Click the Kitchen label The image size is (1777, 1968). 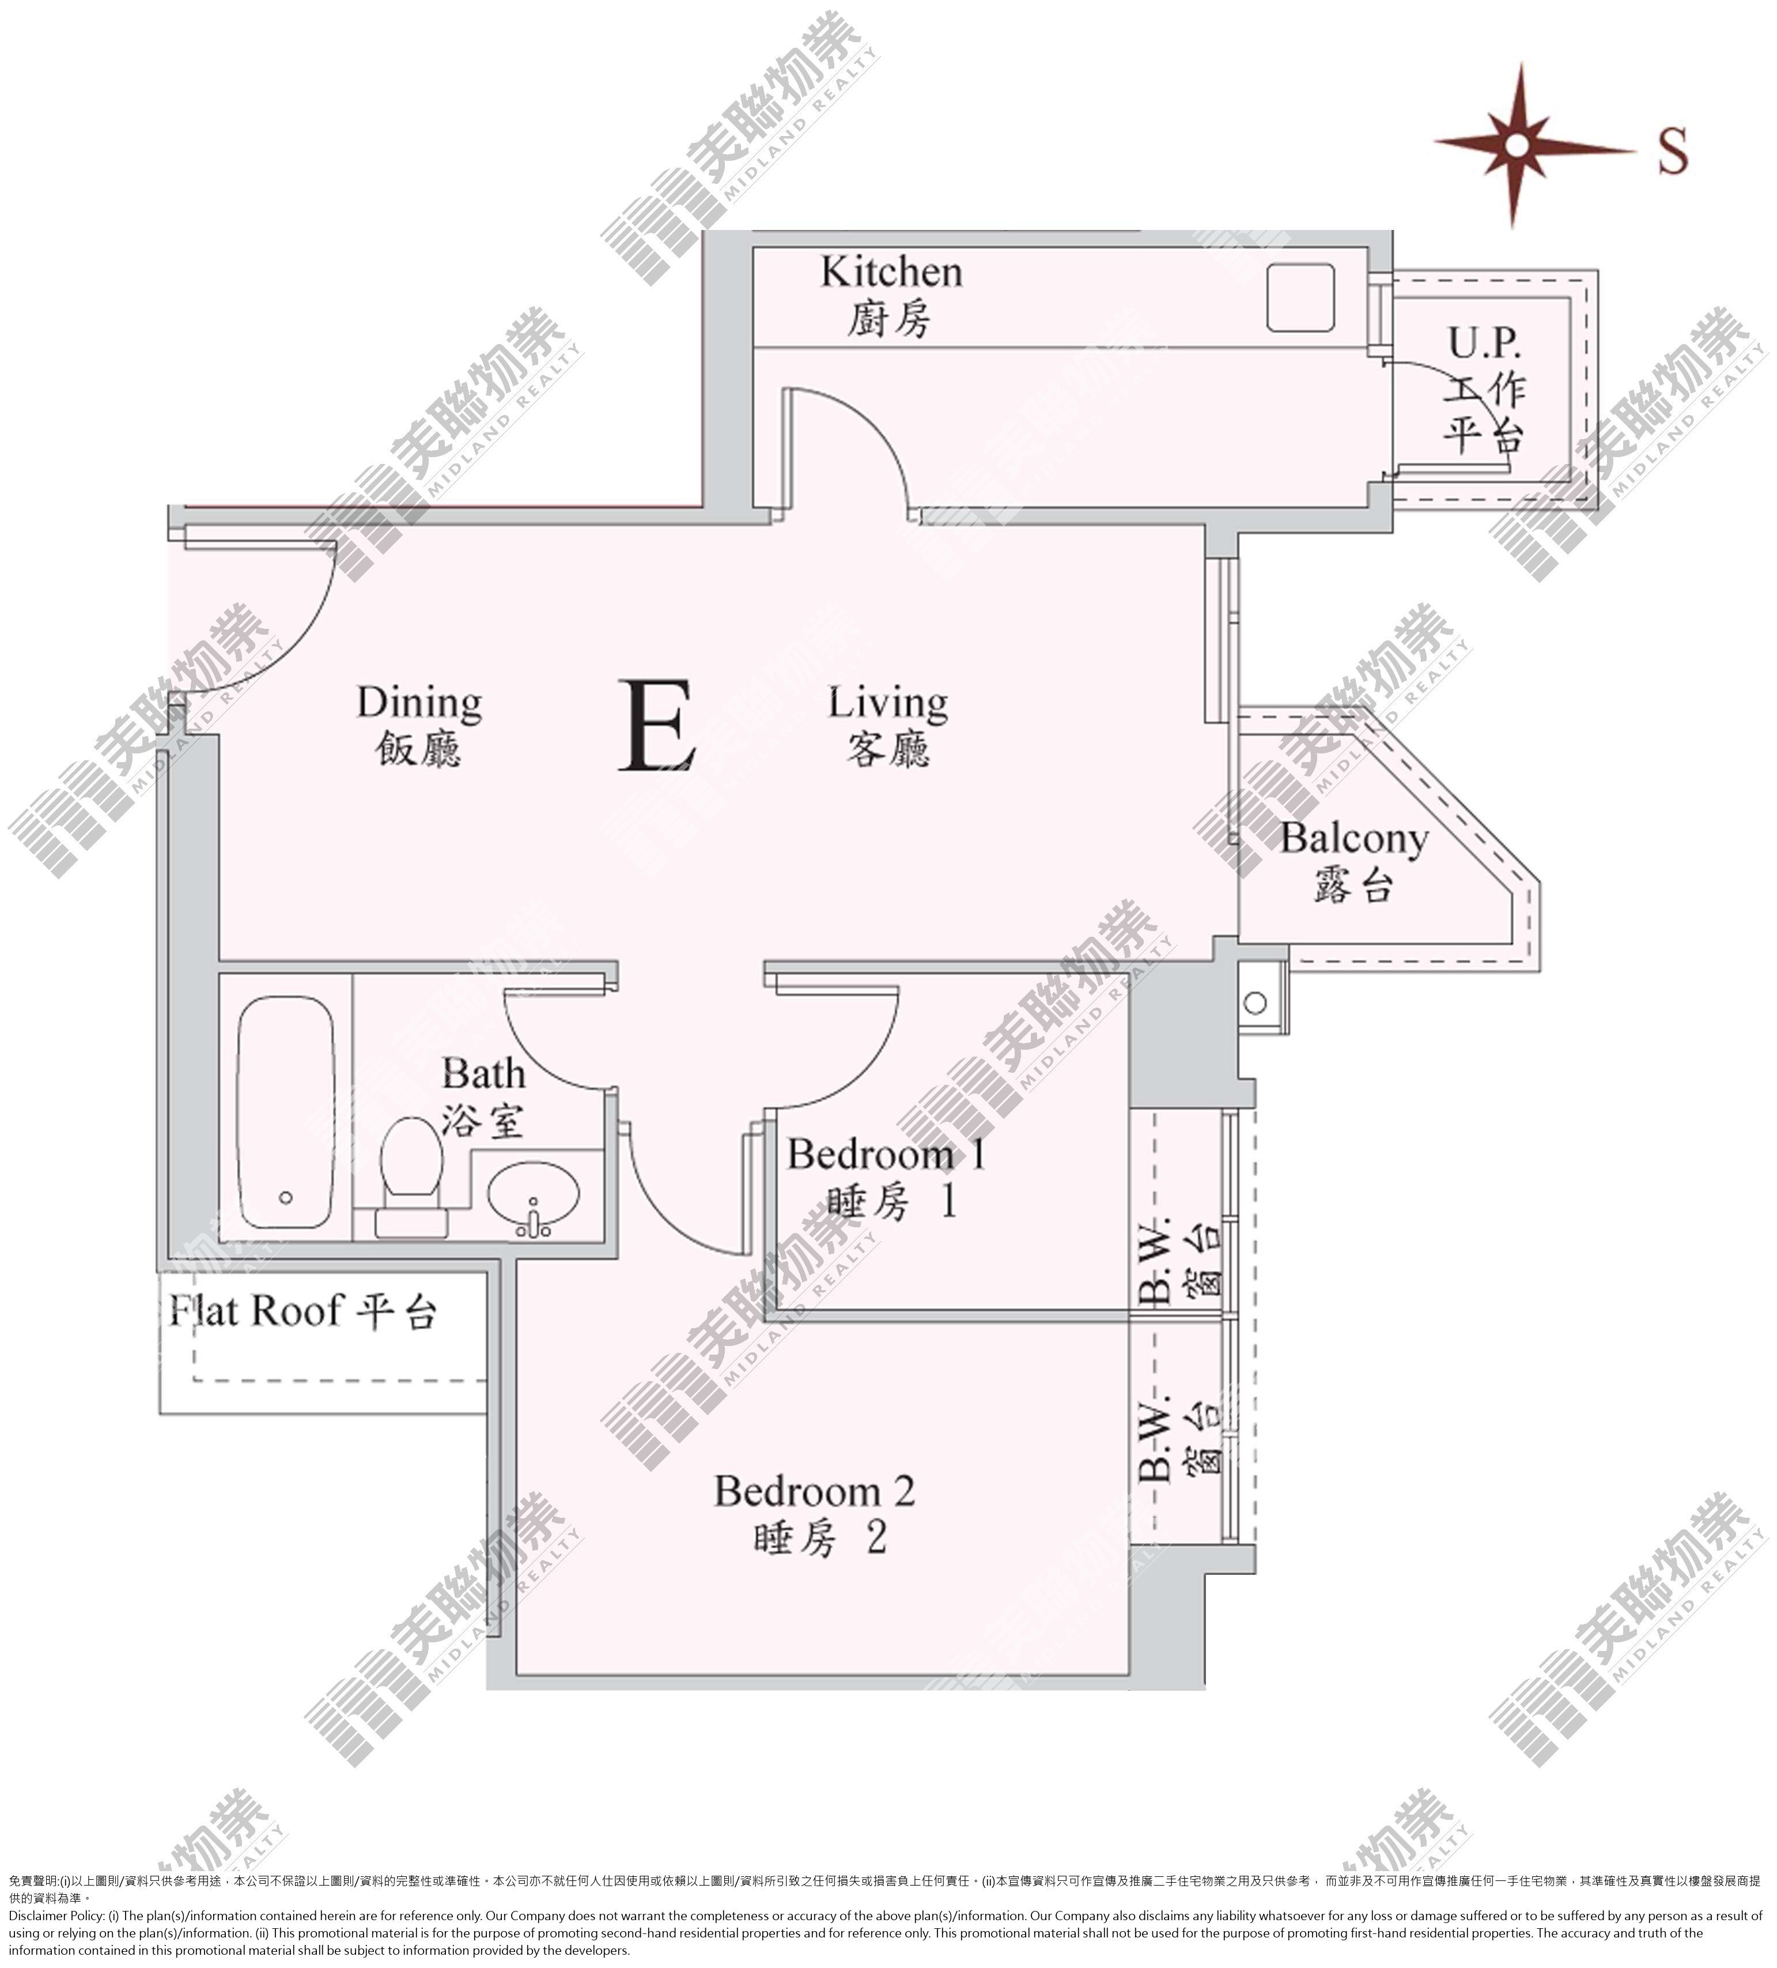[891, 272]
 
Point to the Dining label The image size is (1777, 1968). [419, 703]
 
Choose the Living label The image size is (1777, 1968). [888, 703]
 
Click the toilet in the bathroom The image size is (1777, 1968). [411, 1177]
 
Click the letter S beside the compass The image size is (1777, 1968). [1673, 151]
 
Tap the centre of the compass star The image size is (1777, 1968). [1515, 145]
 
